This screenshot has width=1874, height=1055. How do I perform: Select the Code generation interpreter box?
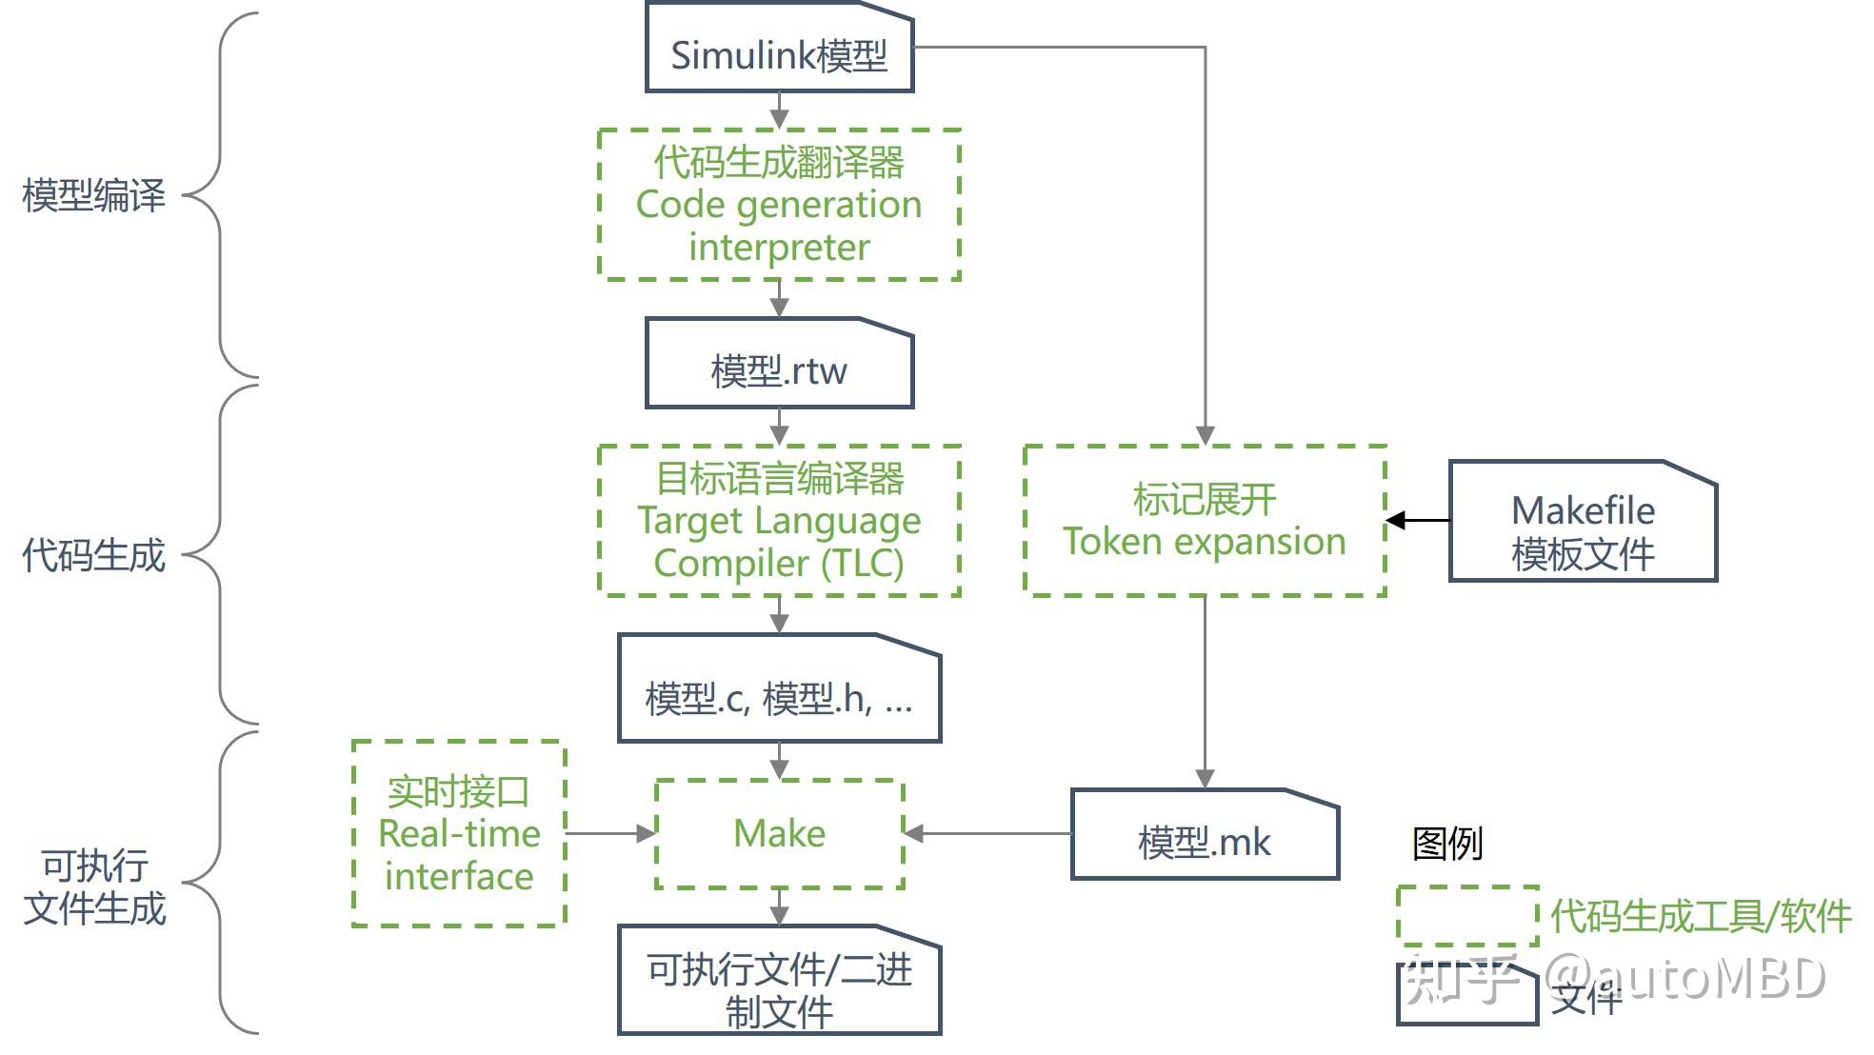point(779,205)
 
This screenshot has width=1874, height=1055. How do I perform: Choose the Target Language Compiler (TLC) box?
point(779,521)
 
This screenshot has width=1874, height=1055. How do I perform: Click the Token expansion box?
point(1205,521)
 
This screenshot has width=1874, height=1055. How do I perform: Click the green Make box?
point(779,834)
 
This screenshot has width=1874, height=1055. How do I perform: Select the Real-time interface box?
point(459,833)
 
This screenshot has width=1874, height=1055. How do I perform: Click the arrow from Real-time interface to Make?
point(609,833)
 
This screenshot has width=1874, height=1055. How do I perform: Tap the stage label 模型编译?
point(93,195)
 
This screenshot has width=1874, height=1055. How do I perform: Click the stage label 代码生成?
point(93,555)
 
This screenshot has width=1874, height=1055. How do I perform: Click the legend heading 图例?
point(1446,844)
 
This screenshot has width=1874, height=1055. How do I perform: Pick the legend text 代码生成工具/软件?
point(1700,916)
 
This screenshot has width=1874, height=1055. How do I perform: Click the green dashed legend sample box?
point(1466,915)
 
